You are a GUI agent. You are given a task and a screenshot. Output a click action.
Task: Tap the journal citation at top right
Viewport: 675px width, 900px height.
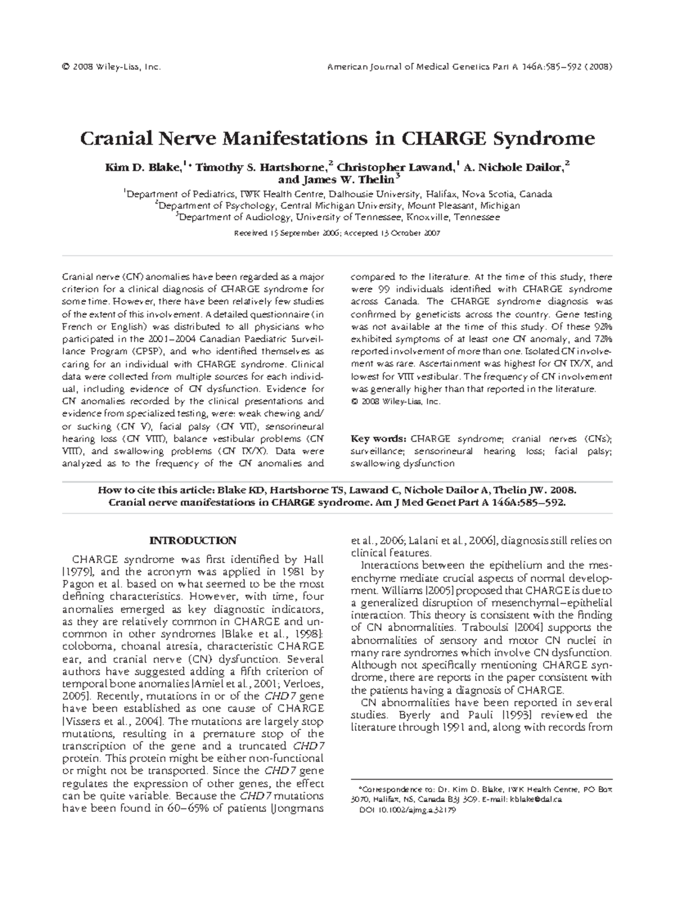pos(470,67)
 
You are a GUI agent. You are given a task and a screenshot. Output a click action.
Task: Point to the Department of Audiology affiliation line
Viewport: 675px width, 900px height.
pos(337,217)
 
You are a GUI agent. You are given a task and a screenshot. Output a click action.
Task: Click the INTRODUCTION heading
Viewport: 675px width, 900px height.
pos(192,541)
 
